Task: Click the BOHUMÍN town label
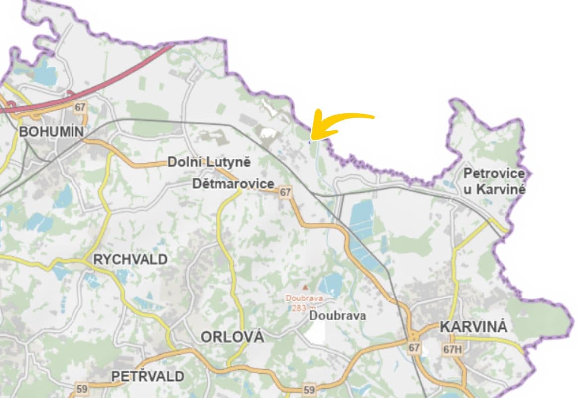coord(51,132)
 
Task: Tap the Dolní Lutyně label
coord(209,162)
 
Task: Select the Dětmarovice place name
coord(233,184)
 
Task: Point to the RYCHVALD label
coord(131,259)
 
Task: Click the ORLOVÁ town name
coord(232,337)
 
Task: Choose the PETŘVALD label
coord(148,376)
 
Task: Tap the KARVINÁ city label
coord(474,327)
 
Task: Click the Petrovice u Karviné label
coord(494,181)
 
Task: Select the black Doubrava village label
coord(338,315)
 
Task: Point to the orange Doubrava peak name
coord(304,298)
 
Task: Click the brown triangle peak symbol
coord(305,287)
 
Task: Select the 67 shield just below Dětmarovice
coord(285,193)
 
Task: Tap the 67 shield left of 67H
coord(414,347)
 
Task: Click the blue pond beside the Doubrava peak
coord(330,284)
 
